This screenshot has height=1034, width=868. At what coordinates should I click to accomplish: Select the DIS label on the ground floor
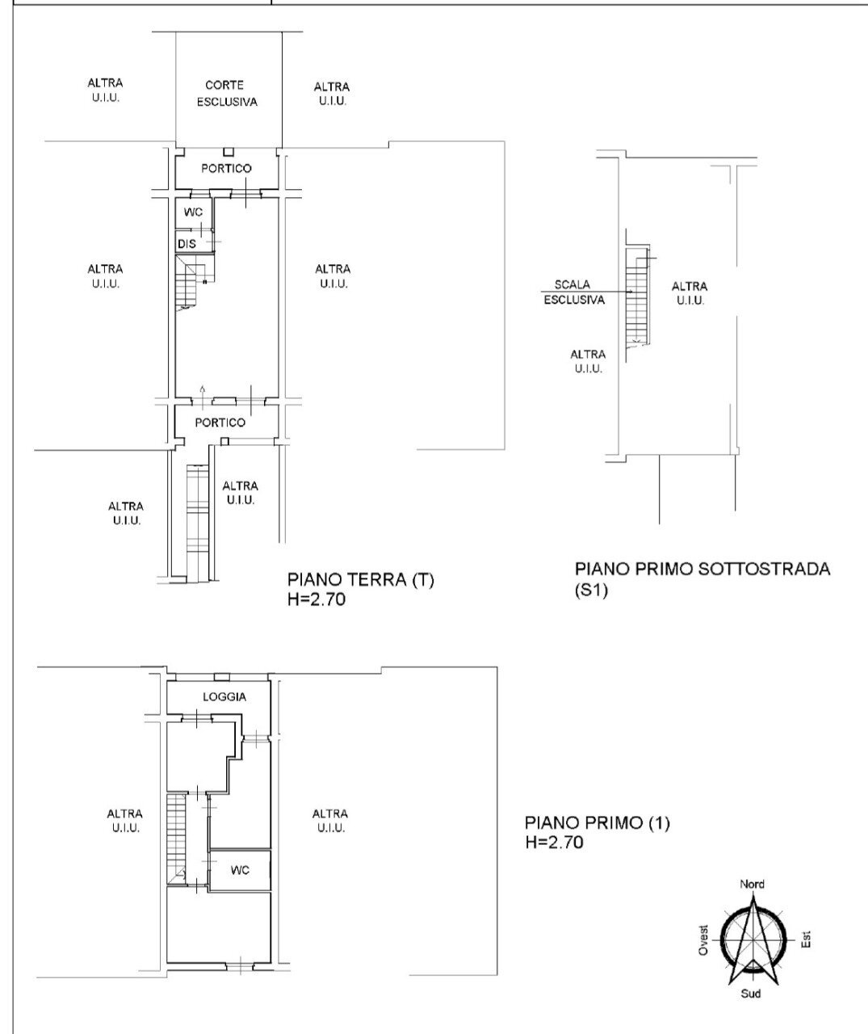tap(187, 243)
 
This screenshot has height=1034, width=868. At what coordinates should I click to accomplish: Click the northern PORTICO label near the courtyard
tap(226, 169)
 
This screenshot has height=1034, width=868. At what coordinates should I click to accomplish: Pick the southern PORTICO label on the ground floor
tap(220, 422)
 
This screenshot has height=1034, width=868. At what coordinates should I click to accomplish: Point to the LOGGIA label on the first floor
tap(224, 697)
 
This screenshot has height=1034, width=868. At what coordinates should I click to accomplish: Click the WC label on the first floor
tap(239, 870)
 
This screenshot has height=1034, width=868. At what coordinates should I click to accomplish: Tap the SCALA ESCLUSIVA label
tap(572, 292)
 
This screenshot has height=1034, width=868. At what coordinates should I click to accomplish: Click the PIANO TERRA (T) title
tap(361, 580)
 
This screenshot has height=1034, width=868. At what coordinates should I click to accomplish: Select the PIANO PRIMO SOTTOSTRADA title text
tap(702, 569)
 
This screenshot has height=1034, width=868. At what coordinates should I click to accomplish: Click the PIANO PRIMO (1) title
tap(598, 824)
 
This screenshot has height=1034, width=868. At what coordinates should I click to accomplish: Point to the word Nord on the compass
tap(753, 885)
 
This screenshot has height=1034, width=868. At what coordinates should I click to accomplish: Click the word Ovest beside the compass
tap(703, 940)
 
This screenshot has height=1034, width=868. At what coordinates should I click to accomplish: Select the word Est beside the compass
tap(806, 939)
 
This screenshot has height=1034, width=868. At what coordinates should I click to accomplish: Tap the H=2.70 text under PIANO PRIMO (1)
tap(554, 843)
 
